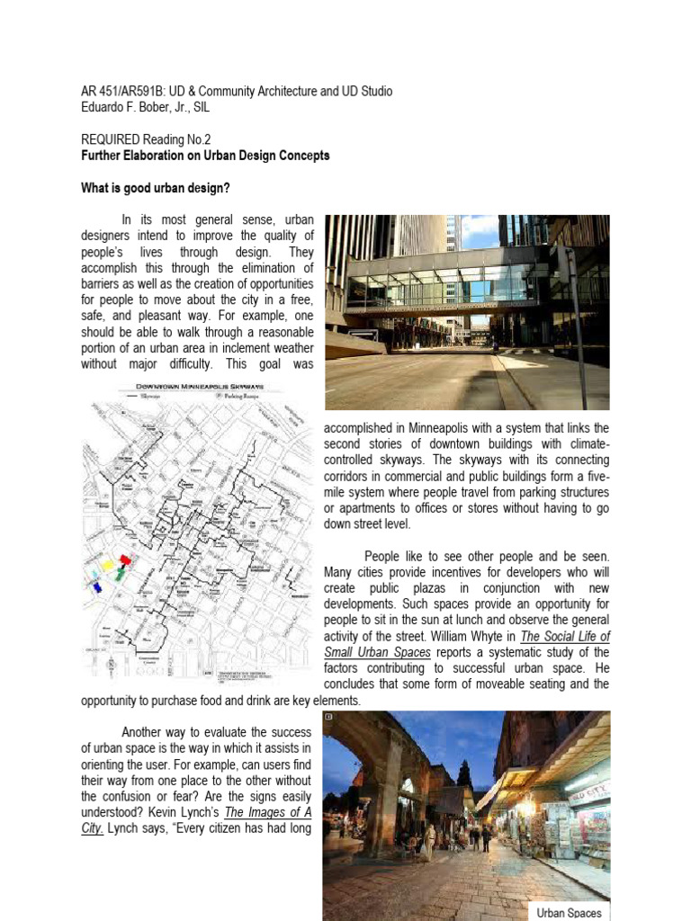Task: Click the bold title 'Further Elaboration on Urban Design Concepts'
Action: (x=204, y=156)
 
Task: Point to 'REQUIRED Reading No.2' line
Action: (x=139, y=140)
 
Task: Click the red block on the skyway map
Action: (x=125, y=559)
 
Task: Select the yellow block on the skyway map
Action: (x=109, y=565)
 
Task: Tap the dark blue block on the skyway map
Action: (x=97, y=586)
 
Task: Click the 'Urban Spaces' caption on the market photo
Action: (x=569, y=912)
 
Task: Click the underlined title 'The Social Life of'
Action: (x=565, y=636)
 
